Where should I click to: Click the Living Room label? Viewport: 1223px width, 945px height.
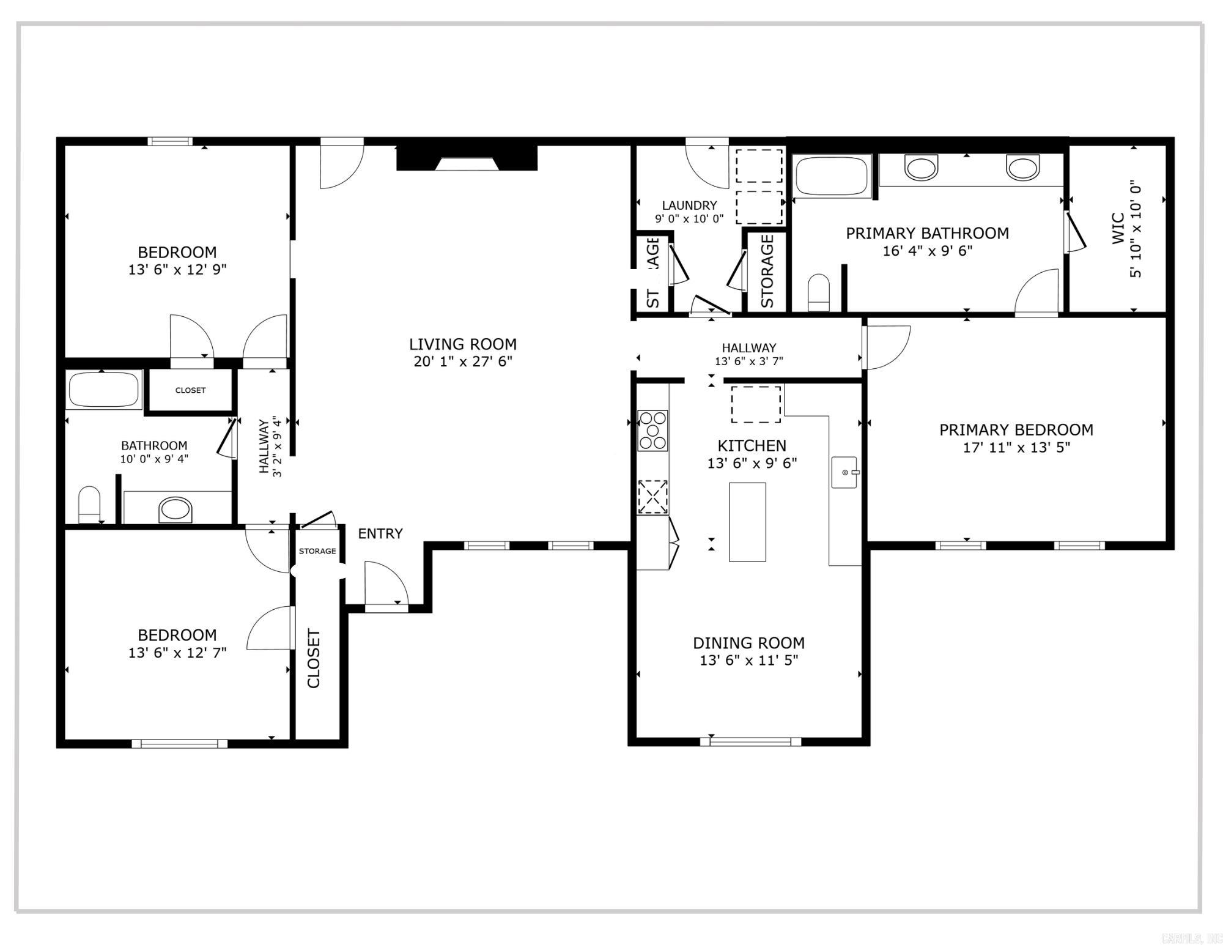(462, 344)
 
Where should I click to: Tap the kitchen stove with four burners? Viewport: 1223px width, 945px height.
(652, 430)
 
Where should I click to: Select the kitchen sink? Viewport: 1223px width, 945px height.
(844, 472)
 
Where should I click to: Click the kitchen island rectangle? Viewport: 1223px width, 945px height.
(747, 522)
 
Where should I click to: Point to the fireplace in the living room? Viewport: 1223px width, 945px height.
(467, 158)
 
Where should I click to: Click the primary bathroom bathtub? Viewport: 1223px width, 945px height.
(832, 176)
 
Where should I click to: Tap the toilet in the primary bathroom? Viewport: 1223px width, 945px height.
(819, 293)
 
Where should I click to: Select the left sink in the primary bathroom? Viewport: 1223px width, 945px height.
(921, 168)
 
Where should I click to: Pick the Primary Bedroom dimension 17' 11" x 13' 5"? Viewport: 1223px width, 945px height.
(1016, 447)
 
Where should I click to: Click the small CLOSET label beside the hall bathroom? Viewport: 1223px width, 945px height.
(190, 390)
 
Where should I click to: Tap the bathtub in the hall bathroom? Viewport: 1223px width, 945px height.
(103, 390)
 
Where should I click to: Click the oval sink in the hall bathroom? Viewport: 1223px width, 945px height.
(176, 510)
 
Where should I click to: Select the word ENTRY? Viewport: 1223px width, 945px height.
(380, 533)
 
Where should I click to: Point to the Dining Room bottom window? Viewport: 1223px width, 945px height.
(750, 741)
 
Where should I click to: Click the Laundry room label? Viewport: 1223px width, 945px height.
(689, 206)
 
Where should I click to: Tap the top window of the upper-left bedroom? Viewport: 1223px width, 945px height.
(170, 141)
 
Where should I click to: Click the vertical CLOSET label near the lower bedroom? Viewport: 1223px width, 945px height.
(314, 658)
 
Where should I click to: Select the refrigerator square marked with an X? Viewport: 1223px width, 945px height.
(652, 497)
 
